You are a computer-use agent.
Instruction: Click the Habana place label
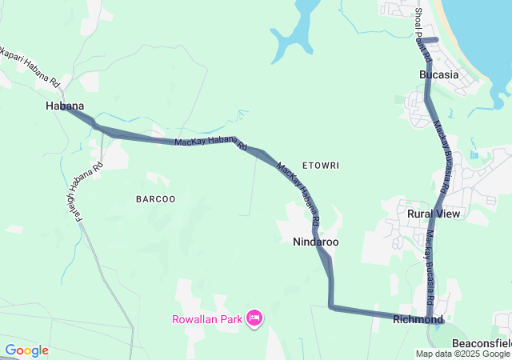[65, 106]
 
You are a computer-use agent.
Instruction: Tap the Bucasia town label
[438, 74]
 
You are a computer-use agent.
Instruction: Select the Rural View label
[434, 214]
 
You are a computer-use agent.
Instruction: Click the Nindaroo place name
[315, 241]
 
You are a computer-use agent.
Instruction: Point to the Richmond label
[418, 319]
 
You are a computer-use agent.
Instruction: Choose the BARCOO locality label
[155, 198]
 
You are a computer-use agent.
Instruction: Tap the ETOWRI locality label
[321, 166]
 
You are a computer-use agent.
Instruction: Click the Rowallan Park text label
[207, 319]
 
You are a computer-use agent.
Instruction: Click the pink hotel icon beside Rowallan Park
[254, 319]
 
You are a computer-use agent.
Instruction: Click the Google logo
[26, 350]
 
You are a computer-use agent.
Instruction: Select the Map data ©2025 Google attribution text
[462, 354]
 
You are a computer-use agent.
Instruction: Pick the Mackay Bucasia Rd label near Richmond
[430, 272]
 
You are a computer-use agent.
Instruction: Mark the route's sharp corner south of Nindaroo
[331, 306]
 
